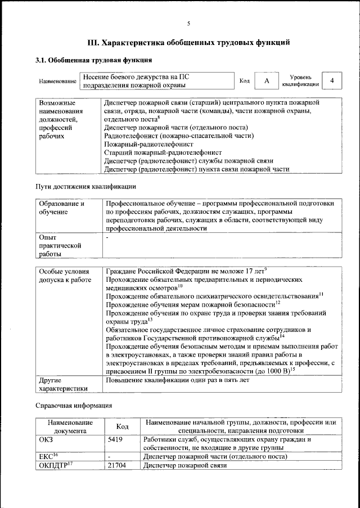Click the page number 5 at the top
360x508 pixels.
pyautogui.click(x=189, y=23)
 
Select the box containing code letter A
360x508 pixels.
pyautogui.click(x=267, y=81)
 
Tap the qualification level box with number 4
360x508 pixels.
pyautogui.click(x=332, y=81)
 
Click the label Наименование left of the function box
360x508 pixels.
pyautogui.click(x=57, y=82)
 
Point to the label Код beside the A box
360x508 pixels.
pyautogui.click(x=245, y=81)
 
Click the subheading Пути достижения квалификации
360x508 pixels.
pyautogui.click(x=85, y=186)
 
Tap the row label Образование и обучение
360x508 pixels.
pyautogui.click(x=61, y=208)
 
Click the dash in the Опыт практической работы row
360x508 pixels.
pyautogui.click(x=107, y=238)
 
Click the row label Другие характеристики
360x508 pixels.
pyautogui.click(x=61, y=384)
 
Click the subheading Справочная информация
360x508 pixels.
pyautogui.click(x=74, y=405)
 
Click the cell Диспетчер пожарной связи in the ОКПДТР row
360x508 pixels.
pyautogui.click(x=185, y=466)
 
